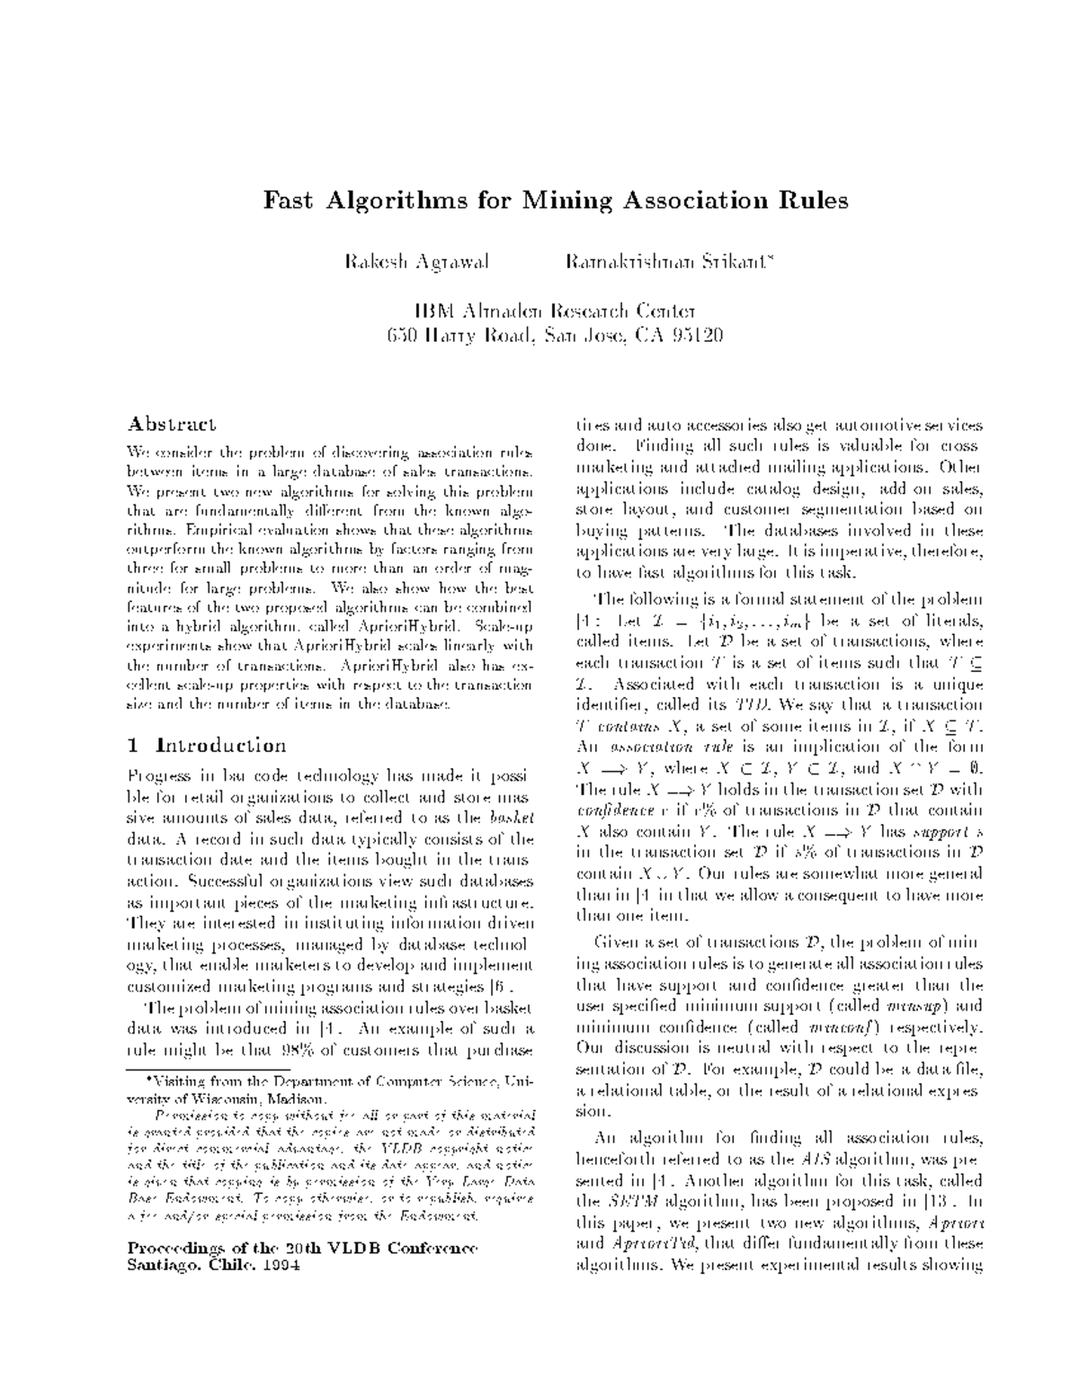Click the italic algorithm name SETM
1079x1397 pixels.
point(628,1203)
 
